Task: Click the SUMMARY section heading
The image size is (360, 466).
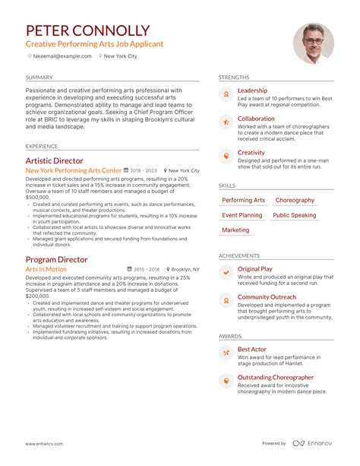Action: pos(39,78)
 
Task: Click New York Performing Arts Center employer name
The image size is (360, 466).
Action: pos(73,171)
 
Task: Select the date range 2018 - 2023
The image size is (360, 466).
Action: pos(144,171)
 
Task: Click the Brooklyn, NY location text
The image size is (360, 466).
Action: pos(185,269)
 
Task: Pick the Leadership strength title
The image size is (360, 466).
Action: pos(252,90)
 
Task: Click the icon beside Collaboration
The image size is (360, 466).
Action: pos(226,122)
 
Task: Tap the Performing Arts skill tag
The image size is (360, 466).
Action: pos(243,200)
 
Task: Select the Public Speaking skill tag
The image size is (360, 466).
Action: pos(294,215)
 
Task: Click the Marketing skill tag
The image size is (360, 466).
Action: pos(235,230)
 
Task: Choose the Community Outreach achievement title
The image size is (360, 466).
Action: pos(267,297)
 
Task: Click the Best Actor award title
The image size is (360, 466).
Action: pos(253,349)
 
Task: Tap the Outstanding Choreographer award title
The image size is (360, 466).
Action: pos(275,377)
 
